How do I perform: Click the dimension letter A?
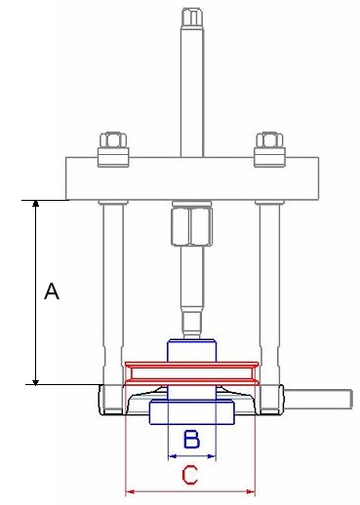(53, 291)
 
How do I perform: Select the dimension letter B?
(192, 441)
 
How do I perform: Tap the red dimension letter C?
(191, 476)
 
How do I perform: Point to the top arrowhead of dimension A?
(36, 205)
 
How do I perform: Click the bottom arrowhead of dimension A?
(36, 379)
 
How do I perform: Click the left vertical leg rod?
(112, 283)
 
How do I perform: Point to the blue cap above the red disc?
(191, 349)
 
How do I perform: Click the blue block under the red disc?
(191, 413)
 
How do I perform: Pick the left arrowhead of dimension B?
(172, 455)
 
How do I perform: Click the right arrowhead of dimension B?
(212, 455)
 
